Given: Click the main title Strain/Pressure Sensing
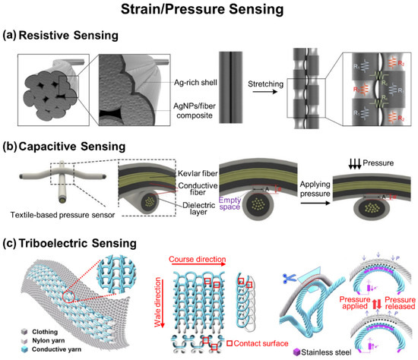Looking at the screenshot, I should pyautogui.click(x=209, y=11).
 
